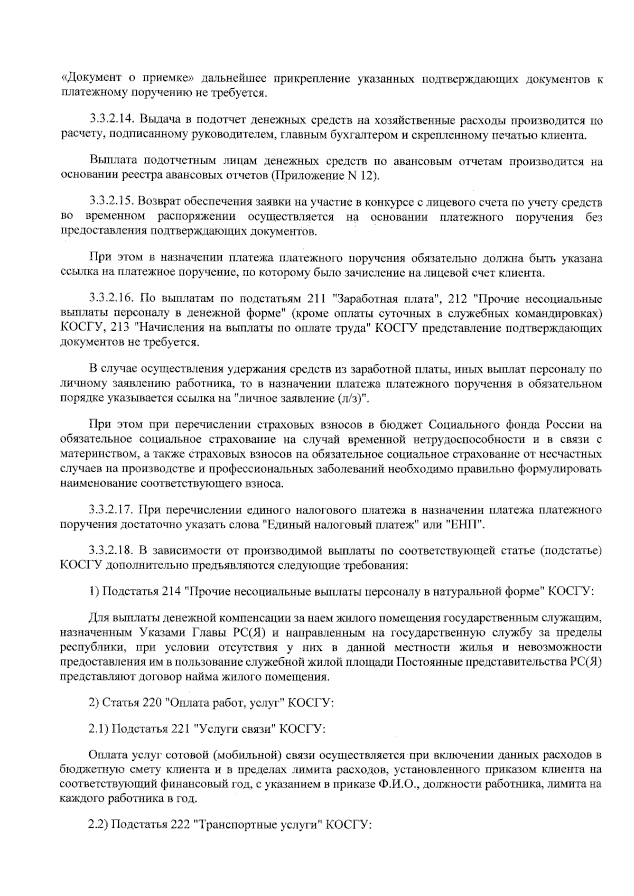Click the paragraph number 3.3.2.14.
[109, 120]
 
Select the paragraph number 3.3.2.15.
[109, 203]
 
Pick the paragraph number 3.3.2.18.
[109, 552]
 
